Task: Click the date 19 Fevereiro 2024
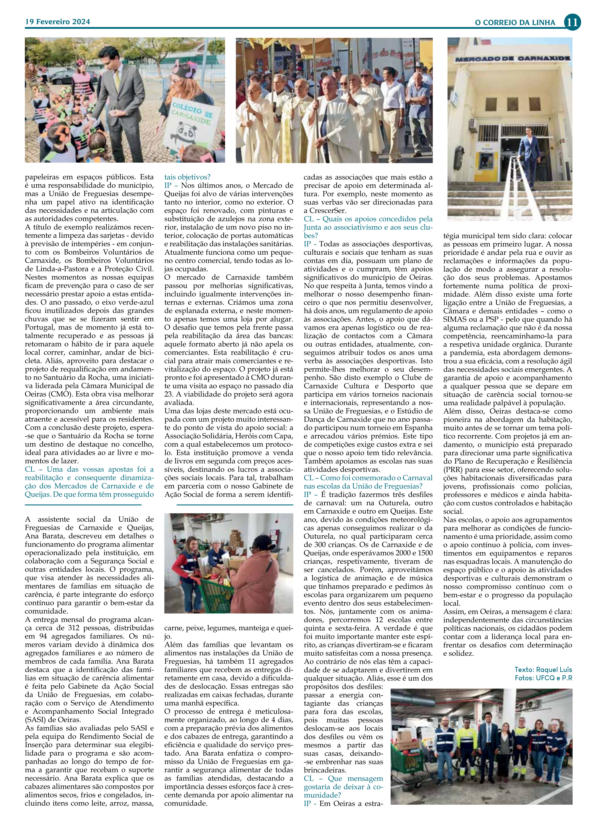[x=58, y=22]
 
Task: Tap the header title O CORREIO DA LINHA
[x=515, y=23]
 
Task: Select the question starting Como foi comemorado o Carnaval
[x=368, y=482]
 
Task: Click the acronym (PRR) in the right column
[x=452, y=470]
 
